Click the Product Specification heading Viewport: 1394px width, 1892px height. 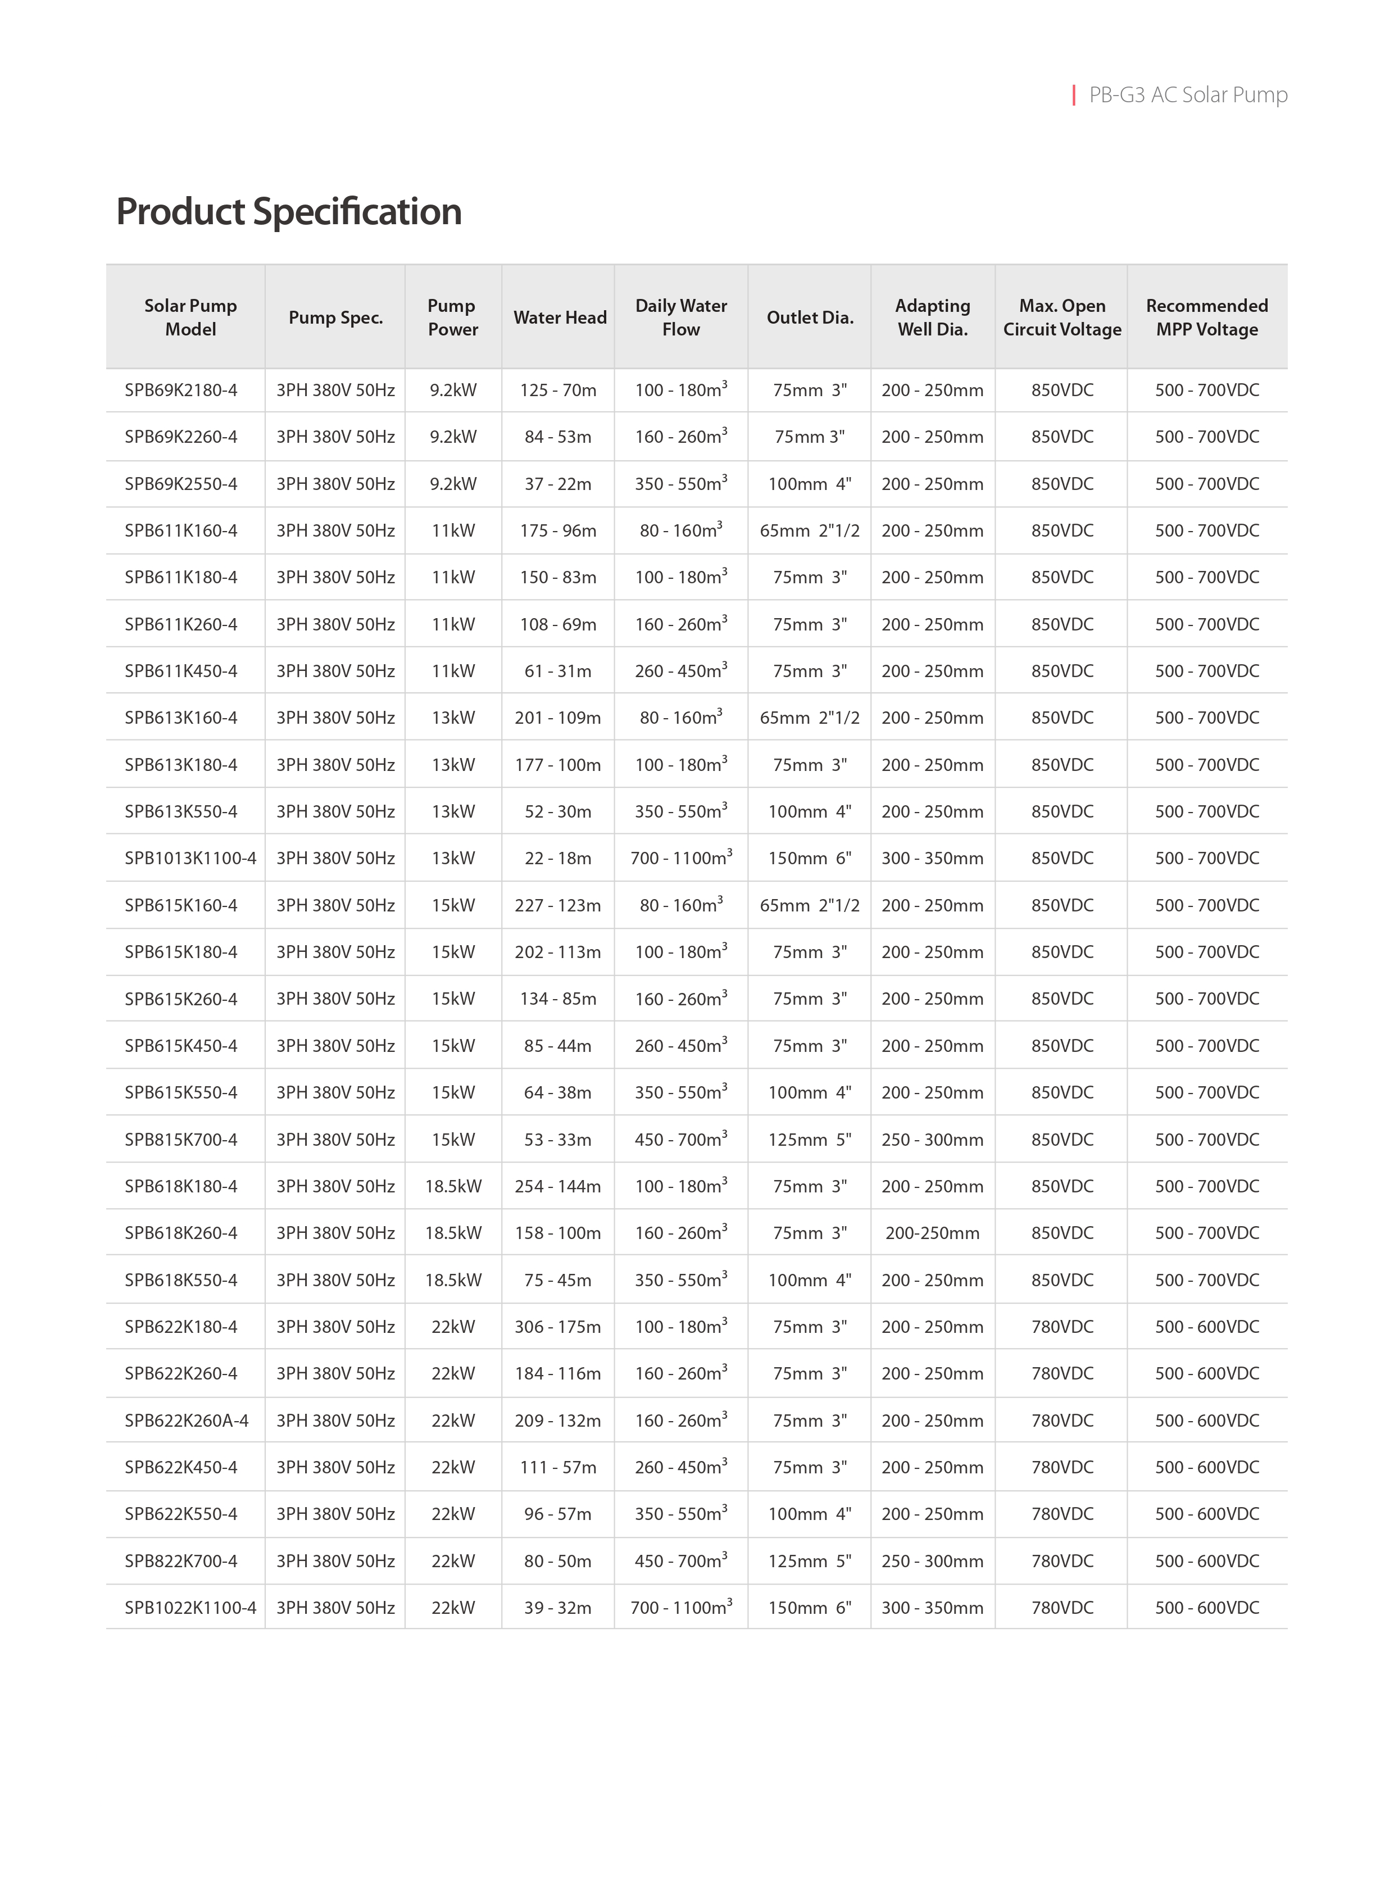click(x=289, y=212)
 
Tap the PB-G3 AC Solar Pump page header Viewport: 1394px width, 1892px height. click(x=1187, y=94)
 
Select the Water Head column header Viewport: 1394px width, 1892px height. click(x=560, y=317)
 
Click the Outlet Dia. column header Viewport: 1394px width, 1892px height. click(x=809, y=317)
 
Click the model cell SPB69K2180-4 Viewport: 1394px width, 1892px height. click(x=181, y=390)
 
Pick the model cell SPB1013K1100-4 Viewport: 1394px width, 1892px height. click(x=190, y=858)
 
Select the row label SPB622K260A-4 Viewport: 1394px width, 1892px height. click(x=187, y=1421)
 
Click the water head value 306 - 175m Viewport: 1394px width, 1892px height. click(x=558, y=1327)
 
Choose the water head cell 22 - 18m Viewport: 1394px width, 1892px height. click(x=558, y=858)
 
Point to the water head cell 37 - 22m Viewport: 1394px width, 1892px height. click(x=558, y=484)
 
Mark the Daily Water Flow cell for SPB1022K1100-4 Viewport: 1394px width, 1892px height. click(x=681, y=1608)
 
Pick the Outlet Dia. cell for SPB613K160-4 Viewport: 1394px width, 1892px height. click(x=809, y=718)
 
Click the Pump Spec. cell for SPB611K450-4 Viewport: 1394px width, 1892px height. click(x=335, y=671)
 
